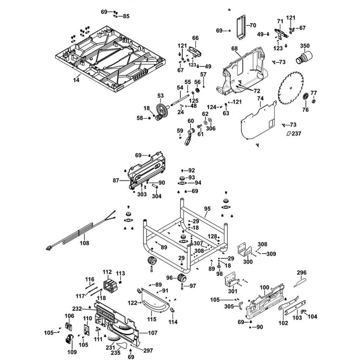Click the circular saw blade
pos(291,88)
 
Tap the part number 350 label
pos(305,46)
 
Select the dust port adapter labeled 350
pos(304,57)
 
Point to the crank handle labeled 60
pos(190,136)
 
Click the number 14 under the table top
pos(76,80)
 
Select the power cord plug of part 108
pos(49,248)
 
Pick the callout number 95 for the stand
pos(207,209)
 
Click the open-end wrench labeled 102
pos(289,303)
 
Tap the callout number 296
pos(301,273)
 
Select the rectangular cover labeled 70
pos(241,28)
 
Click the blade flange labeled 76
pos(306,96)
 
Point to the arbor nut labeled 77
pos(314,101)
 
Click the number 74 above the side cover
pos(260,99)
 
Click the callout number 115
pos(152,319)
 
